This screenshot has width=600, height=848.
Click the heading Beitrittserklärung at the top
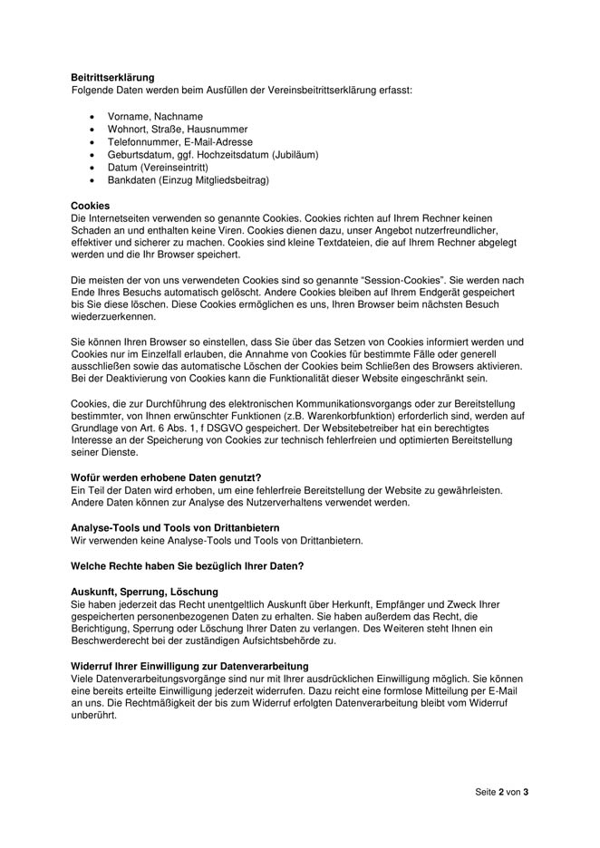pyautogui.click(x=112, y=78)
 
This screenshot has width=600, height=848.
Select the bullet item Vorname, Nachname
pyautogui.click(x=155, y=117)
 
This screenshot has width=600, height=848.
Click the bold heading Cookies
pyautogui.click(x=90, y=206)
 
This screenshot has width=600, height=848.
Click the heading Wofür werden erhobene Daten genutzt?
pyautogui.click(x=166, y=477)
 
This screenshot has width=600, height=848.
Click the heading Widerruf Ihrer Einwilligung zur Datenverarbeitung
pyautogui.click(x=189, y=666)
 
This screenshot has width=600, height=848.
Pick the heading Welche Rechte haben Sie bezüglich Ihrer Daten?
pyautogui.click(x=187, y=566)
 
